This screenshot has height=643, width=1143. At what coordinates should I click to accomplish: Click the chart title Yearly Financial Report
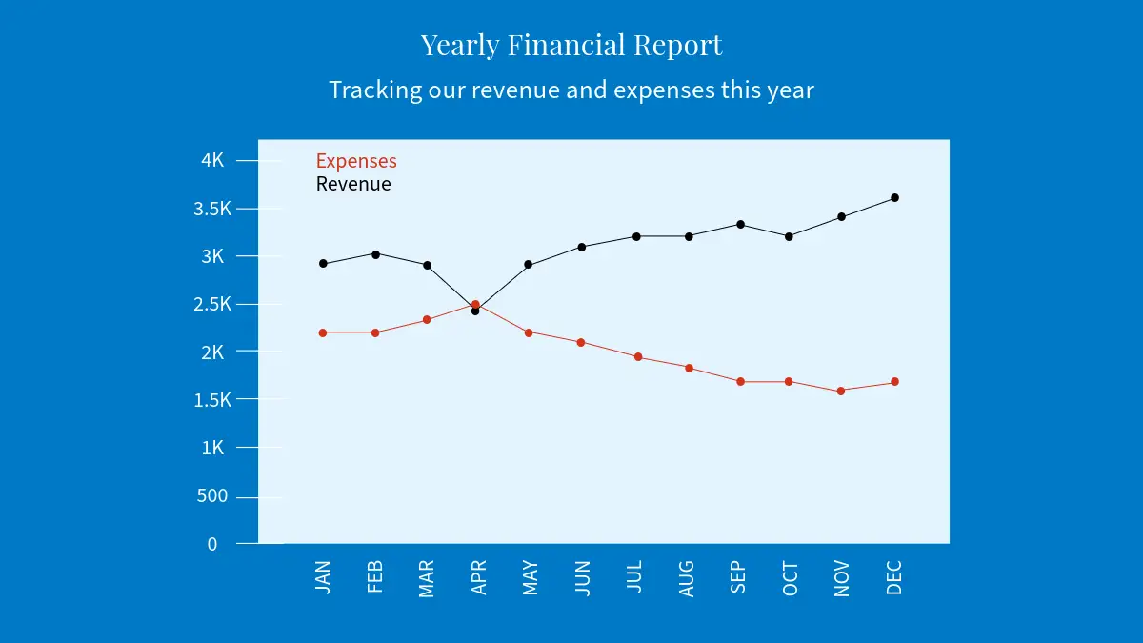[x=571, y=45]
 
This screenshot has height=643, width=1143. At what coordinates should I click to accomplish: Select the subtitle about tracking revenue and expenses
[x=571, y=90]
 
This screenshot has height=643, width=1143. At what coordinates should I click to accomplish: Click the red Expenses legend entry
[x=356, y=161]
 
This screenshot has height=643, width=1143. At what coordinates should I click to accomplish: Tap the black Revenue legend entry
[x=353, y=184]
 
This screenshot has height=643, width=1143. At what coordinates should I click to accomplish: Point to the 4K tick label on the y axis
[x=212, y=161]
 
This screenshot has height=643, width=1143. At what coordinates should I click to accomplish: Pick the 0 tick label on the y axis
[x=212, y=544]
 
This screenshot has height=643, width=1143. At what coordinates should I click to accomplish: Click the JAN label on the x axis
[x=323, y=577]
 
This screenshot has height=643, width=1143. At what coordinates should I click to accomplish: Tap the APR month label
[x=479, y=577]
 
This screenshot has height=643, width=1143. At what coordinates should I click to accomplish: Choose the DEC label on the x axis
[x=893, y=577]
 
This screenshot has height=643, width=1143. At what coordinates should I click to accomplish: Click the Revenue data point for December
[x=894, y=198]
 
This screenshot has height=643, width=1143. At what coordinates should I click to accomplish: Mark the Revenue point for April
[x=475, y=311]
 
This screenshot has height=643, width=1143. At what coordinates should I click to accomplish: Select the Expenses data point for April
[x=475, y=304]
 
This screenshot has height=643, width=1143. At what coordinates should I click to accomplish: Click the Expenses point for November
[x=841, y=391]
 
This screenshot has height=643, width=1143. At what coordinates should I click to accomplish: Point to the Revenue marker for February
[x=375, y=254]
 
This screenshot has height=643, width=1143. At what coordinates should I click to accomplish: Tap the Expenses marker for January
[x=323, y=332]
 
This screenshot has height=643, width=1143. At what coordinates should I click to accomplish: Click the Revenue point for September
[x=739, y=224]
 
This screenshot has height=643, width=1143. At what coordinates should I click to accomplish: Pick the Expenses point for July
[x=638, y=357]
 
